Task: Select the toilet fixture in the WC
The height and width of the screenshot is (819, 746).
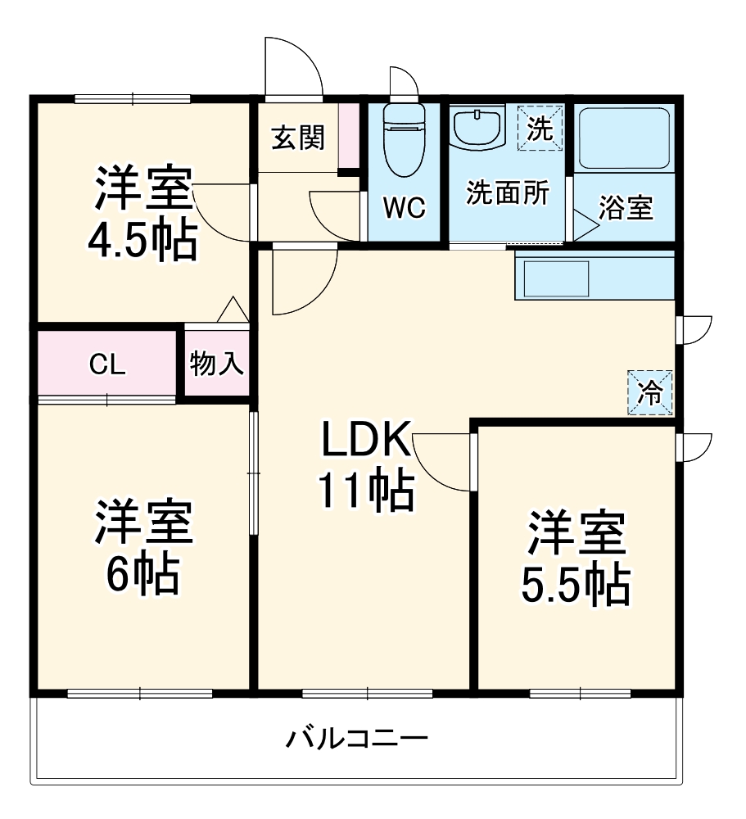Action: (x=405, y=139)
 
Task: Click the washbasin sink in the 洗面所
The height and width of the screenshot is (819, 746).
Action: (x=477, y=129)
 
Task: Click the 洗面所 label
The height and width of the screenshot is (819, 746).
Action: (x=507, y=192)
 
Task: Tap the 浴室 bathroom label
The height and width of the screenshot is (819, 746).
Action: (x=626, y=208)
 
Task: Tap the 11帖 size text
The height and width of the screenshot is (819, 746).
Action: (x=364, y=491)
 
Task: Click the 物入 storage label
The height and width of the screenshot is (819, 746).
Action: (x=217, y=364)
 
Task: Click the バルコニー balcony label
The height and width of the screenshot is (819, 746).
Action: (x=356, y=740)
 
